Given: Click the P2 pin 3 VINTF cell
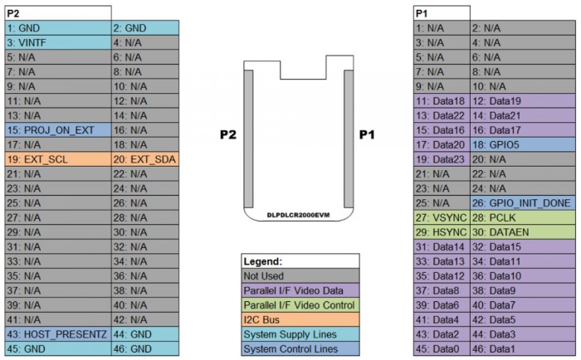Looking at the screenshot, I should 56,41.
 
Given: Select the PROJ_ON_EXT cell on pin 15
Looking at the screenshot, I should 56,129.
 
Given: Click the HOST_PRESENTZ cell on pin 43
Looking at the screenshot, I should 56,335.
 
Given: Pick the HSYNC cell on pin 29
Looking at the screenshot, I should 441,232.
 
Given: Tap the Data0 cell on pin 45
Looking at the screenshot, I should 441,349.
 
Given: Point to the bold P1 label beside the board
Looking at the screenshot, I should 368,134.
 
